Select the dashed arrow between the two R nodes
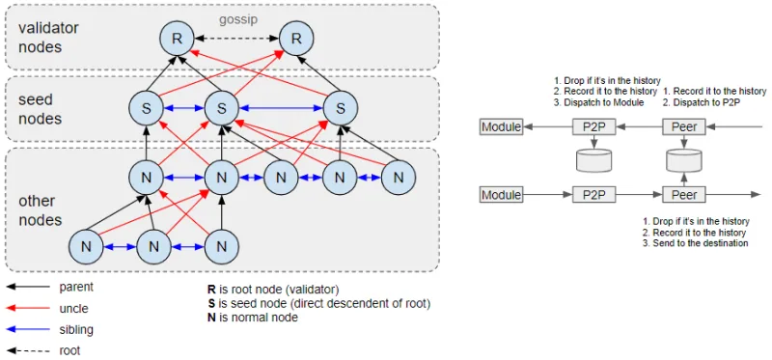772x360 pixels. (x=236, y=38)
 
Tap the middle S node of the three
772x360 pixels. (x=221, y=108)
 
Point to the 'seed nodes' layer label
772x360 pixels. (x=40, y=109)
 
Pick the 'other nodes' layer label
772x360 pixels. (x=40, y=210)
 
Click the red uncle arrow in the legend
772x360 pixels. (x=29, y=308)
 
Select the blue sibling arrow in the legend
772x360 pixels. (x=29, y=329)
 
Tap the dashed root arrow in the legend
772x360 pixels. (x=29, y=351)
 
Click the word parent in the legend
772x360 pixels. (x=76, y=286)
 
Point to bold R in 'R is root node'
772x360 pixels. (x=211, y=290)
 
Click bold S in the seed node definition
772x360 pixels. (x=211, y=303)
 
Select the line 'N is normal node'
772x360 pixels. (x=253, y=318)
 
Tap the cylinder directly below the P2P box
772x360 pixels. (x=593, y=159)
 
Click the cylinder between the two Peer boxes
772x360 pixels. (x=685, y=159)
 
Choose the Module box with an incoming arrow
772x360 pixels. (x=501, y=127)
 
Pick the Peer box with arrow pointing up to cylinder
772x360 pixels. (x=684, y=195)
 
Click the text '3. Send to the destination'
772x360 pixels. (x=696, y=243)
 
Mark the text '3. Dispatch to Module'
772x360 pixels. (x=600, y=103)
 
